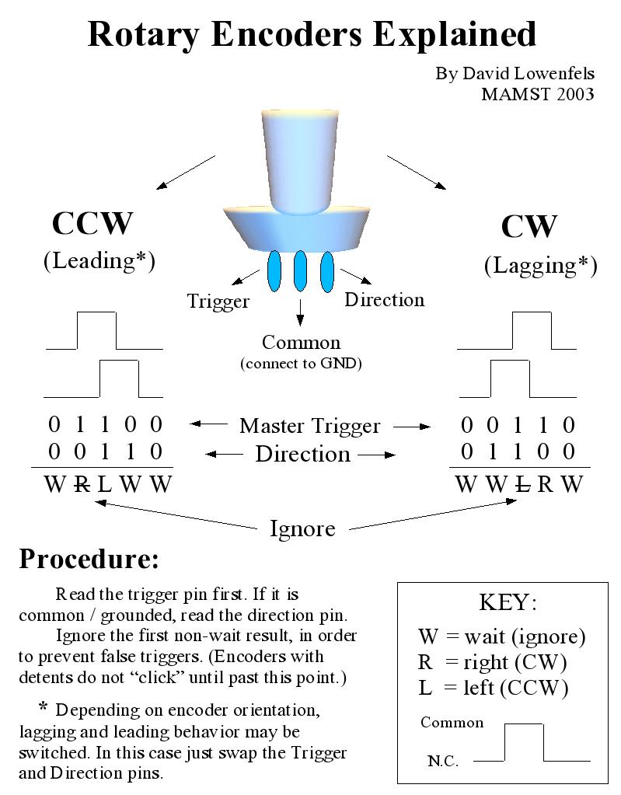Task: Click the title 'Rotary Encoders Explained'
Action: [312, 34]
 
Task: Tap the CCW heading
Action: [92, 223]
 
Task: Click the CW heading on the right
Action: [529, 227]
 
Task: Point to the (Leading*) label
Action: [99, 261]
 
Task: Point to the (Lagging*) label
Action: [540, 266]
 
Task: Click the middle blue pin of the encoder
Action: [300, 270]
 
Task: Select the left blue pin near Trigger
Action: [274, 270]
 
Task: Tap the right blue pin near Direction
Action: [326, 270]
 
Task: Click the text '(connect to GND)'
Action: [301, 363]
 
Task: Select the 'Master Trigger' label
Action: [309, 426]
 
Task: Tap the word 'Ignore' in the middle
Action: [302, 529]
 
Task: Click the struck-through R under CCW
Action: [80, 484]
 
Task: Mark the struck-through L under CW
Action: [523, 484]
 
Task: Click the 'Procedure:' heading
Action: [89, 559]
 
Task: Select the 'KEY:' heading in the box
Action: [508, 603]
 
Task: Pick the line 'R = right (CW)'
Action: [492, 662]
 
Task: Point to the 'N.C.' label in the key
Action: [443, 761]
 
